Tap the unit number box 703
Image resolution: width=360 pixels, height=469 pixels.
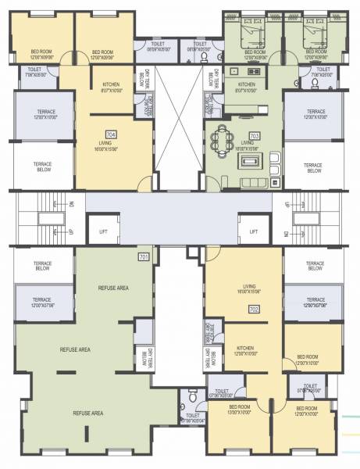coord(254,135)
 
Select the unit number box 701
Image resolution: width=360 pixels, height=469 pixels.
coord(144,257)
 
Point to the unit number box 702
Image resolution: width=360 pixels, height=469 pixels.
coord(254,310)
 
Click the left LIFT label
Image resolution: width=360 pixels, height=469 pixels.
coord(104,232)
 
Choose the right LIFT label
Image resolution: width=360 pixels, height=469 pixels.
coord(253,232)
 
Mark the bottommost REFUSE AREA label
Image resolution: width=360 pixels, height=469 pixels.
coord(88,413)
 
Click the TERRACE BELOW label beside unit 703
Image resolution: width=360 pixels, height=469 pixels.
coord(313,167)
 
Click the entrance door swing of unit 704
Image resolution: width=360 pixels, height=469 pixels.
coord(144,184)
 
